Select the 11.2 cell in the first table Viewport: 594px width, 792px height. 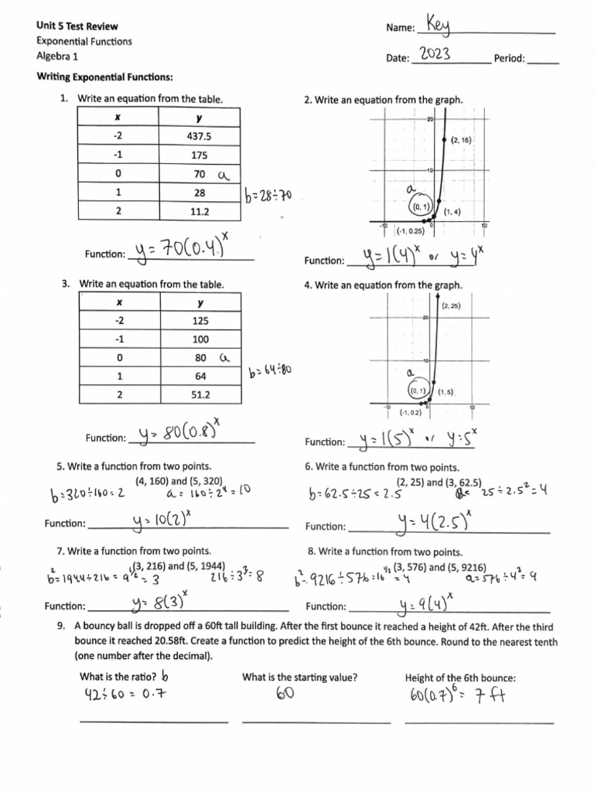click(200, 210)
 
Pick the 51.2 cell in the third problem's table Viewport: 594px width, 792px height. click(201, 394)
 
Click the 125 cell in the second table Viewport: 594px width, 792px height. click(200, 319)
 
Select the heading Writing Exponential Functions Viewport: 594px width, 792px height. click(104, 77)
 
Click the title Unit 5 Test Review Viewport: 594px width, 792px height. click(77, 26)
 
